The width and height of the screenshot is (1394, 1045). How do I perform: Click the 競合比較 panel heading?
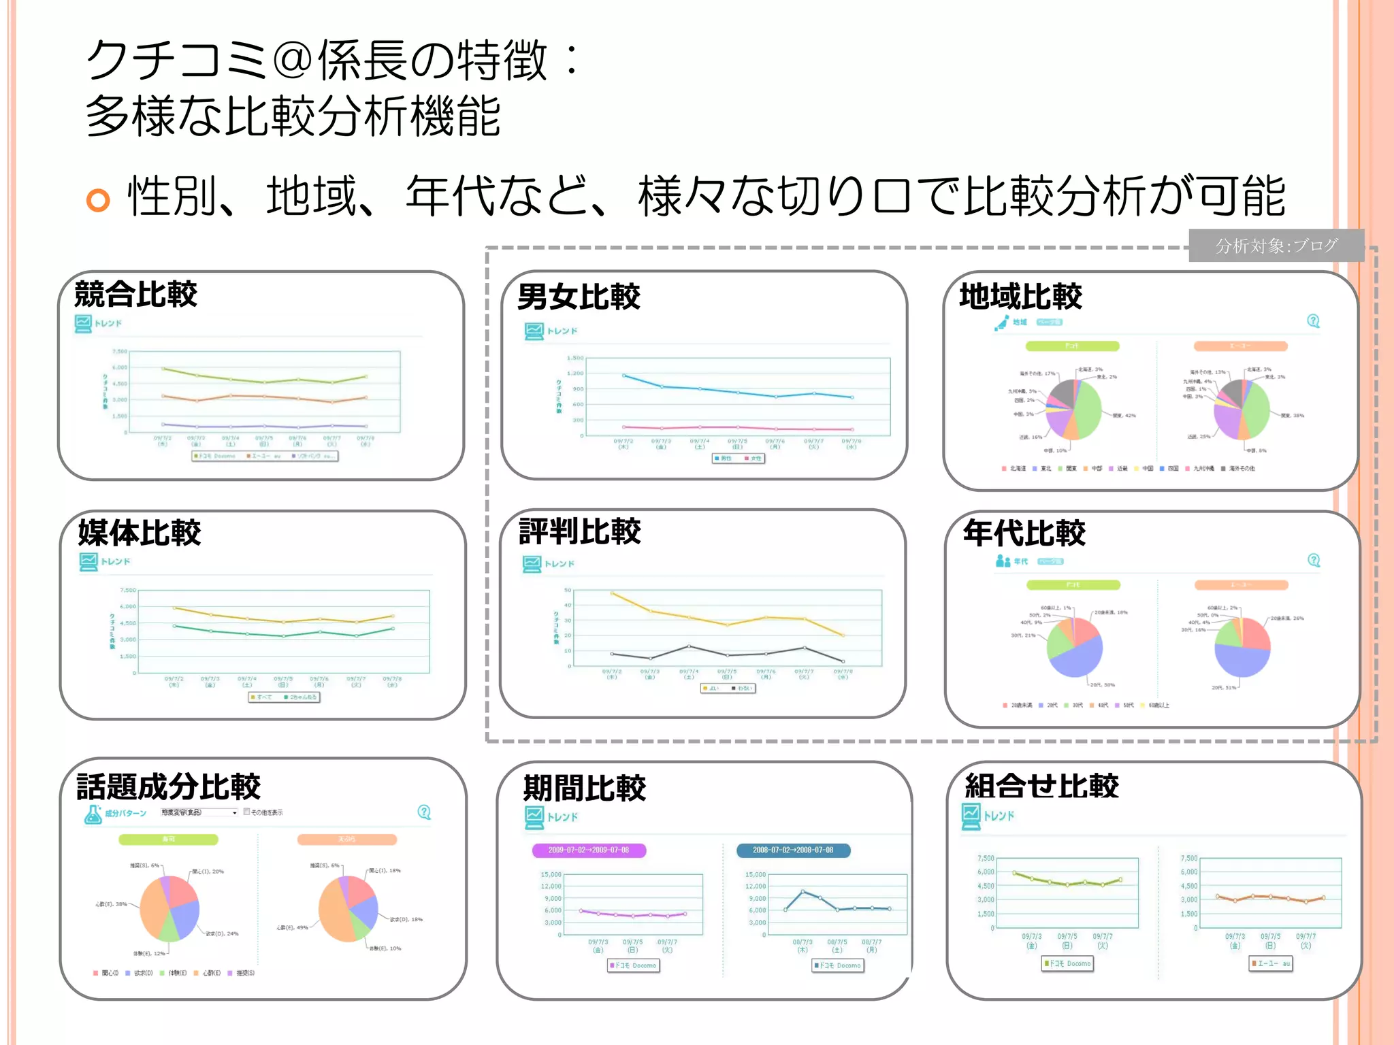pyautogui.click(x=135, y=295)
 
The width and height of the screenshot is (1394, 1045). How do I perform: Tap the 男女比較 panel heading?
pyautogui.click(x=579, y=297)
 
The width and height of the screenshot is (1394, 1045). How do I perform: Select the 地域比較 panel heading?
pyautogui.click(x=1020, y=297)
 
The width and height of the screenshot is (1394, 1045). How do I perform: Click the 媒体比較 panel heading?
pyautogui.click(x=140, y=533)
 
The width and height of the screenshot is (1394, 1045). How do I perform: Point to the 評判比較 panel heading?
pyautogui.click(x=580, y=531)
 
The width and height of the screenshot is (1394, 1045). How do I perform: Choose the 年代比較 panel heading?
pyautogui.click(x=1024, y=533)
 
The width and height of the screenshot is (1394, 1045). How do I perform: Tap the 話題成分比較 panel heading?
pyautogui.click(x=169, y=786)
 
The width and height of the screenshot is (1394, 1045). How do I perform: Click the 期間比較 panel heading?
pyautogui.click(x=585, y=788)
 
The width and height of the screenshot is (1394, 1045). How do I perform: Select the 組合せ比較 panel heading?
pyautogui.click(x=1042, y=786)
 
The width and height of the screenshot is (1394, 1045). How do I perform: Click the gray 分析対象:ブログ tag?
pyautogui.click(x=1276, y=246)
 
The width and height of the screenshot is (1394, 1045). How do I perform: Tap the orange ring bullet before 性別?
pyautogui.click(x=98, y=200)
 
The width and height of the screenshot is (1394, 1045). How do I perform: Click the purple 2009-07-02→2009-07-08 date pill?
pyautogui.click(x=589, y=850)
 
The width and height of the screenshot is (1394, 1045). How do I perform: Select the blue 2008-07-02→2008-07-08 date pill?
pyautogui.click(x=793, y=850)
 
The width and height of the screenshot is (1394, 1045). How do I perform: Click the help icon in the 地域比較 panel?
pyautogui.click(x=1314, y=321)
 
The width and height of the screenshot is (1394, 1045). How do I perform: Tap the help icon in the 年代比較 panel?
pyautogui.click(x=1314, y=561)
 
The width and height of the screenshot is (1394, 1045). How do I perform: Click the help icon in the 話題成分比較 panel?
pyautogui.click(x=424, y=812)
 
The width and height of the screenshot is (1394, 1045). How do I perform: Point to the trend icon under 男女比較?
pyautogui.click(x=534, y=331)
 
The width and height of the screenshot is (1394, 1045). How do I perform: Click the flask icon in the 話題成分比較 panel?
pyautogui.click(x=93, y=814)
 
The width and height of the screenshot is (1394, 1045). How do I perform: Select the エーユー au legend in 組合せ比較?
pyautogui.click(x=1271, y=963)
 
